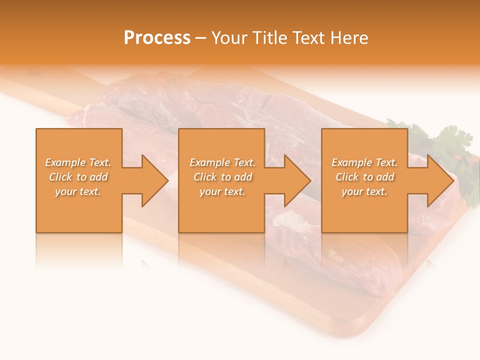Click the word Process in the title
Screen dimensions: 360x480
[157, 38]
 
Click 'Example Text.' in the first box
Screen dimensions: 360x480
[78, 162]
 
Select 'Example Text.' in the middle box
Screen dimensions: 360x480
[222, 162]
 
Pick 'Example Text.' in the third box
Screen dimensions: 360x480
[364, 162]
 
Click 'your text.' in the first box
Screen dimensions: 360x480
[78, 191]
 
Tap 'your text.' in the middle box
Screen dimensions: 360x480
[222, 191]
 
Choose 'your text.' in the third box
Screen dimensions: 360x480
[364, 191]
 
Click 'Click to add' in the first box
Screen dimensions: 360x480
[78, 177]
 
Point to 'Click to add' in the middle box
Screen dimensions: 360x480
[222, 177]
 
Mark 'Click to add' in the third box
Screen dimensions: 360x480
[364, 177]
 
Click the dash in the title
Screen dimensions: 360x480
[201, 38]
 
